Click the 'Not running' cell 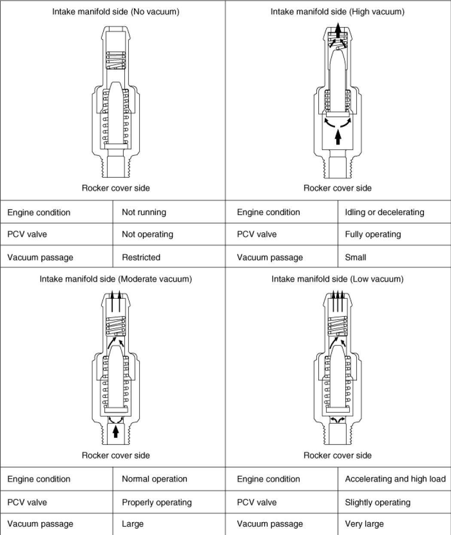pyautogui.click(x=144, y=212)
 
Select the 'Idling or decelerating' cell pyautogui.click(x=384, y=212)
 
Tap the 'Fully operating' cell pyautogui.click(x=373, y=234)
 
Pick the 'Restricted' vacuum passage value pyautogui.click(x=141, y=258)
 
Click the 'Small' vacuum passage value pyautogui.click(x=356, y=258)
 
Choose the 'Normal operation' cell pyautogui.click(x=155, y=479)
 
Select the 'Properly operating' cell pyautogui.click(x=157, y=502)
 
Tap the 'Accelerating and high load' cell pyautogui.click(x=395, y=479)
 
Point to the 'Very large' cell pyautogui.click(x=364, y=524)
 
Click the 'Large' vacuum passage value pyautogui.click(x=133, y=524)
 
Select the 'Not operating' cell pyautogui.click(x=147, y=234)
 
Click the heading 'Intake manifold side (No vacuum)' pyautogui.click(x=116, y=12)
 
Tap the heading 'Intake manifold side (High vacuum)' pyautogui.click(x=338, y=12)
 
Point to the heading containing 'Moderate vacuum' pyautogui.click(x=116, y=279)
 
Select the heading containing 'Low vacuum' pyautogui.click(x=338, y=279)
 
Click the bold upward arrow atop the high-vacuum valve pyautogui.click(x=338, y=31)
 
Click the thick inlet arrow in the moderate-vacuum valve pyautogui.click(x=115, y=430)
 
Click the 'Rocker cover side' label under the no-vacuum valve pyautogui.click(x=116, y=188)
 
